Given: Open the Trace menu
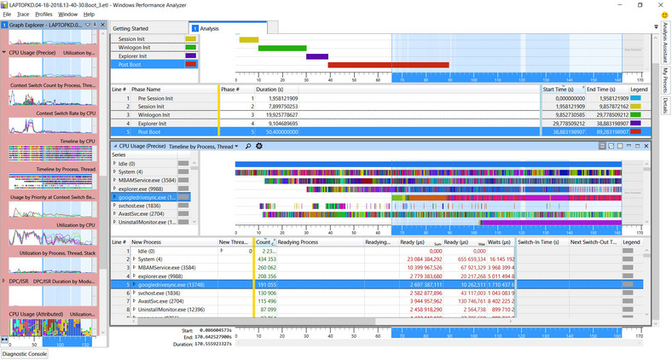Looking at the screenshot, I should click(x=24, y=15).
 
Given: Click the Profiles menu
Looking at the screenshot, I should click(x=44, y=15).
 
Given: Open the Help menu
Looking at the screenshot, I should click(x=89, y=15).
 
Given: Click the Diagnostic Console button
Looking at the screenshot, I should click(x=25, y=353).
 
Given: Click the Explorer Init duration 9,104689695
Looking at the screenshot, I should click(x=279, y=123).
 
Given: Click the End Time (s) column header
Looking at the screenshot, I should click(x=601, y=89).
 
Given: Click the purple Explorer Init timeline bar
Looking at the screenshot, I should click(x=317, y=56).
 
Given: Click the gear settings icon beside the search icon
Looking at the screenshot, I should click(x=259, y=146).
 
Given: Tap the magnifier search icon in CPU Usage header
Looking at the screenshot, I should click(x=248, y=146).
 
